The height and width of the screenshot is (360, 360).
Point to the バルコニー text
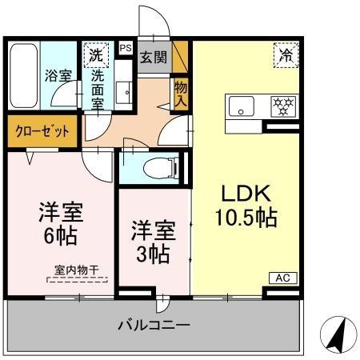154,326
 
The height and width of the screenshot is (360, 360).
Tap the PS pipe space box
125,48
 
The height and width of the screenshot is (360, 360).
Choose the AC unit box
282,278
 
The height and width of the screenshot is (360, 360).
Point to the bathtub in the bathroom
22,77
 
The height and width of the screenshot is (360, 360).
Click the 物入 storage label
180,94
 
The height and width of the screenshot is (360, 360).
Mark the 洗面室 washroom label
98,90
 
